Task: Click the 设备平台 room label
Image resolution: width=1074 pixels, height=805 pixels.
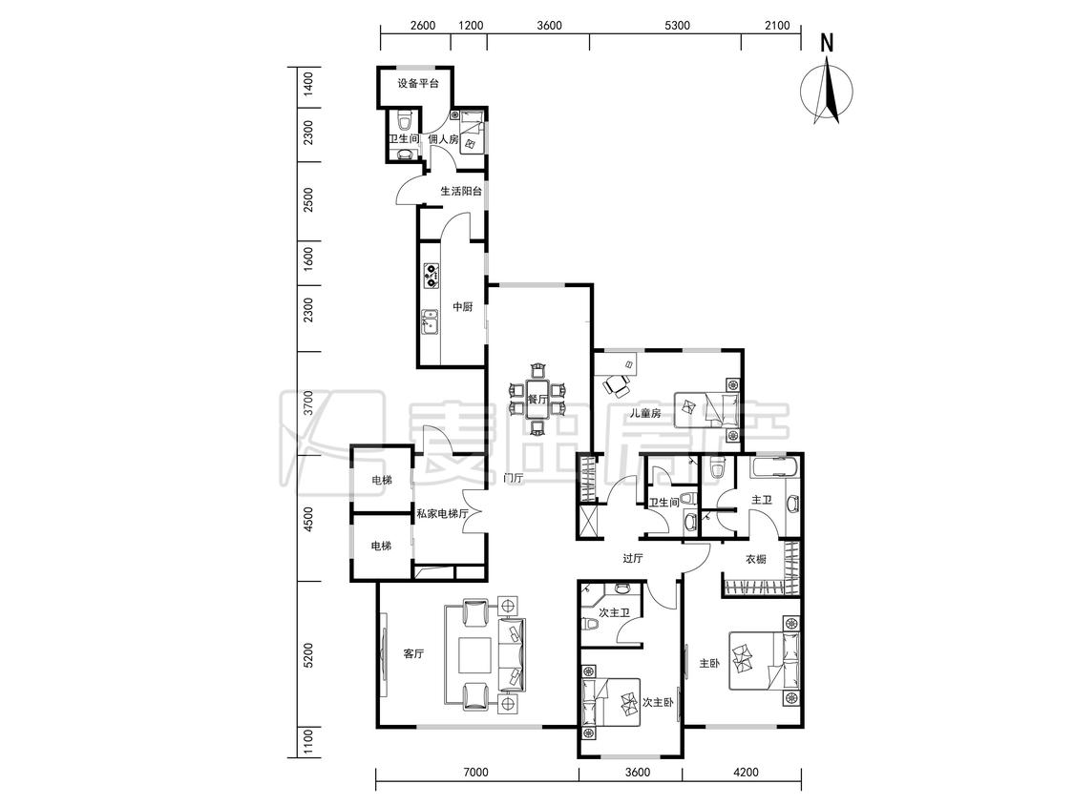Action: [418, 84]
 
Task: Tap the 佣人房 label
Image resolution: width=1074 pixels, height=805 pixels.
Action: [443, 139]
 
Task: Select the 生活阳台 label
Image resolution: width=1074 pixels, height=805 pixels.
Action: [461, 191]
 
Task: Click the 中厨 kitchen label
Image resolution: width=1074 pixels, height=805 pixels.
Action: [463, 307]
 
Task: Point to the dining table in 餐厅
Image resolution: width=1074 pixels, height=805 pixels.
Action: [537, 399]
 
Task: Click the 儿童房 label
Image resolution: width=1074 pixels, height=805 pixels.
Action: [646, 413]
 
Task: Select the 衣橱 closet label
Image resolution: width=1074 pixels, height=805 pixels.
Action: [755, 559]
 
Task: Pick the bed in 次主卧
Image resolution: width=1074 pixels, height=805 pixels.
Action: [610, 703]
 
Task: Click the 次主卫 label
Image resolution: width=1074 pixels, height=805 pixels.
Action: [614, 612]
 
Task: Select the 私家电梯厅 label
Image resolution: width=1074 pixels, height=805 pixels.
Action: [442, 513]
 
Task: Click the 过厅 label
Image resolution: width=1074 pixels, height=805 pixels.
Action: [632, 559]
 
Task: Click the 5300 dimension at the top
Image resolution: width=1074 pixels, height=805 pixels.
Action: [677, 26]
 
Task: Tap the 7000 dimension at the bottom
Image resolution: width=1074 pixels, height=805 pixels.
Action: [475, 773]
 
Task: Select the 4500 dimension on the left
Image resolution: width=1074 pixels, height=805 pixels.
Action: [308, 520]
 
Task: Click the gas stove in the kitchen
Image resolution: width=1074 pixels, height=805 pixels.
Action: [432, 275]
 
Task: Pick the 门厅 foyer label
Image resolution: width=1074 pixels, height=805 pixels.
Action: [513, 479]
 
